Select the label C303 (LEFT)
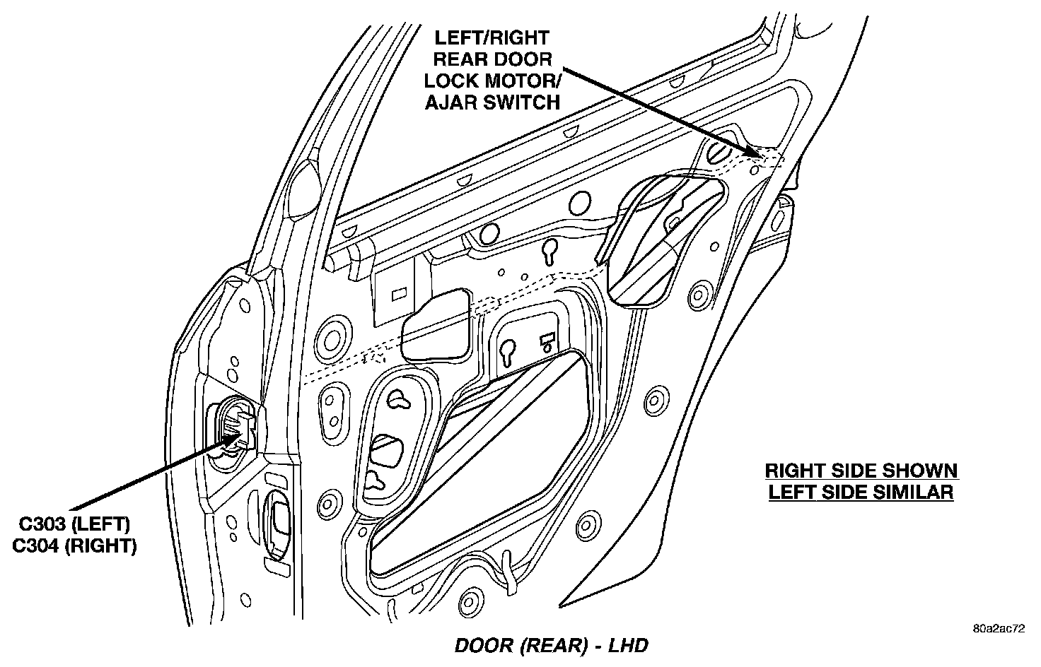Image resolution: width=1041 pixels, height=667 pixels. (x=74, y=524)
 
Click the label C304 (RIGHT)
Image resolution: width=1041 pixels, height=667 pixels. (x=74, y=546)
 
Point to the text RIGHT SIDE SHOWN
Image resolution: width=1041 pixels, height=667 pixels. (x=861, y=471)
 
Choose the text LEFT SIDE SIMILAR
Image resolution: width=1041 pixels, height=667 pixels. (x=861, y=492)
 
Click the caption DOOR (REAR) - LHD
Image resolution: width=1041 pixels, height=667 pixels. (x=552, y=645)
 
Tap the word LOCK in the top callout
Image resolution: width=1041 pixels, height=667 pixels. (x=455, y=81)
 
